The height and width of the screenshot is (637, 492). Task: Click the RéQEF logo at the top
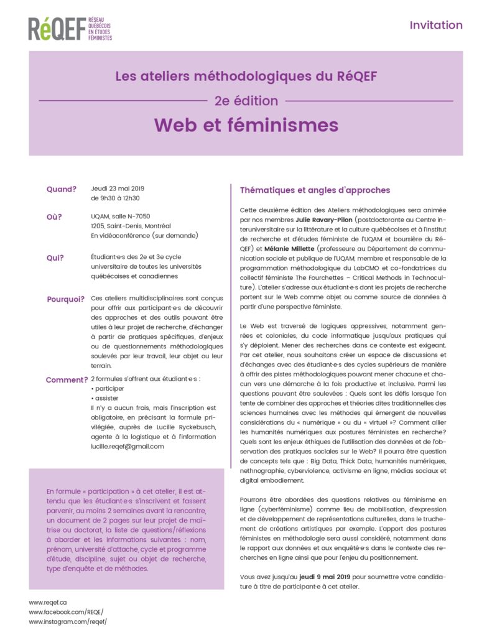click(x=70, y=29)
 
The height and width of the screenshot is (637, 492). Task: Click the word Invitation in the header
click(x=435, y=26)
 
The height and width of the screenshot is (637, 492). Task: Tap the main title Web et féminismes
click(x=246, y=125)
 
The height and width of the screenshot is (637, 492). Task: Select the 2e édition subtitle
click(x=246, y=100)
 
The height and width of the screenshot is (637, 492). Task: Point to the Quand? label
click(x=62, y=190)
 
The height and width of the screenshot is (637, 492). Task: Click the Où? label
click(x=55, y=216)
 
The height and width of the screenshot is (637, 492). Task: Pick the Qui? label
click(x=55, y=258)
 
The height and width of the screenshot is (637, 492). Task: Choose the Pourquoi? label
click(x=65, y=299)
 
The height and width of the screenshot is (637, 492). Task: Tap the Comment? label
click(x=67, y=379)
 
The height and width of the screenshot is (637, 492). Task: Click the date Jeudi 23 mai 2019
click(x=118, y=188)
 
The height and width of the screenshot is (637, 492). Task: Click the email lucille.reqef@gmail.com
click(x=127, y=446)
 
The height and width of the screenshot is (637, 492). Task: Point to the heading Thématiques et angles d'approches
click(x=315, y=190)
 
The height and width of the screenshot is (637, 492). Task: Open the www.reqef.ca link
click(x=48, y=602)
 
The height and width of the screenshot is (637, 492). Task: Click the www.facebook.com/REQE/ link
click(x=66, y=612)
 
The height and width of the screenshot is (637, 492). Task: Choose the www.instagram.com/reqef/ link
click(x=68, y=621)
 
